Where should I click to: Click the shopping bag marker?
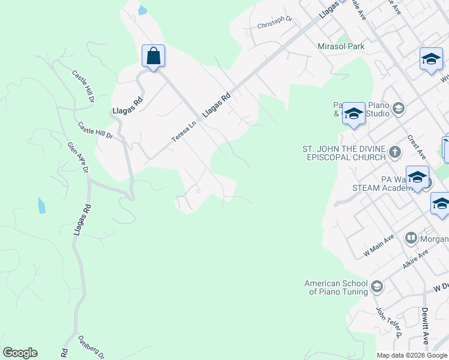[153, 56]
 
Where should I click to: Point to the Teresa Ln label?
[184, 131]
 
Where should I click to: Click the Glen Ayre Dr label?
[78, 157]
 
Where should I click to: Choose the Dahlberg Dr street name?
[91, 347]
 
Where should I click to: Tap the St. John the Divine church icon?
[394, 151]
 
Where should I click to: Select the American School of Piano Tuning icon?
[376, 286]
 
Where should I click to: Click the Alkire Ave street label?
[415, 260]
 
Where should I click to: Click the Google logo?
[20, 353]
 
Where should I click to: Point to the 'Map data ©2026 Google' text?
[412, 355]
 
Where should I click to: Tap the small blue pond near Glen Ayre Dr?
[41, 205]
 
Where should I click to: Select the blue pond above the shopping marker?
[142, 10]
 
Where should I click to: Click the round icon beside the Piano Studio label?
[399, 109]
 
